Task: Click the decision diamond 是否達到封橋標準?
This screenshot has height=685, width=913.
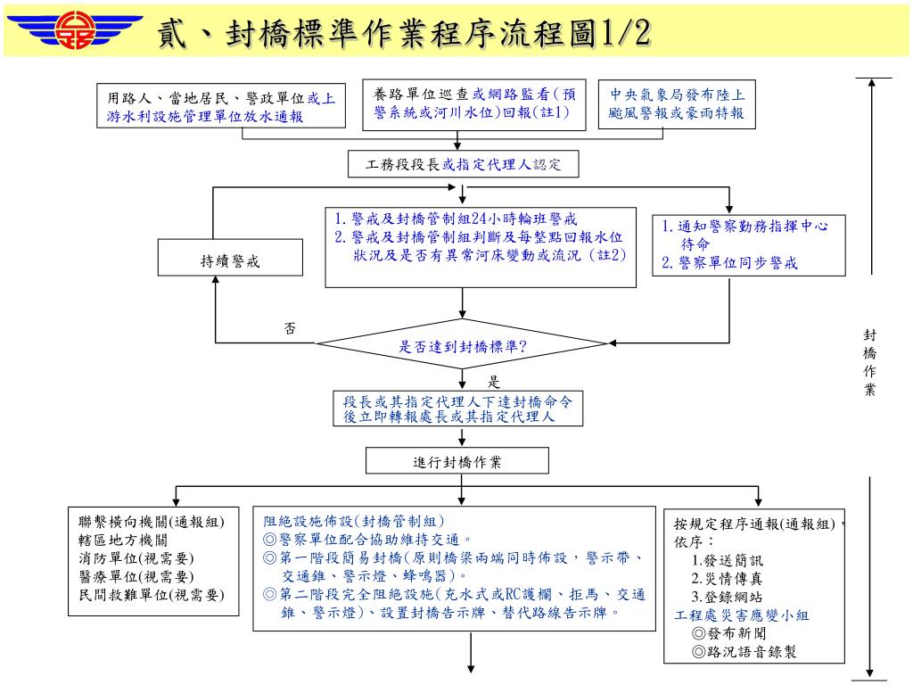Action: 462,345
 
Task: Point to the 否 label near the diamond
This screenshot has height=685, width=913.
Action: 289,328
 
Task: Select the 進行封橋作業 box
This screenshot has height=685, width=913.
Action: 456,461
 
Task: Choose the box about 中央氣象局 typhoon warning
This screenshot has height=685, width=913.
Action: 677,105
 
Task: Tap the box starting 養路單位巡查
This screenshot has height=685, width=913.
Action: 474,103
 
